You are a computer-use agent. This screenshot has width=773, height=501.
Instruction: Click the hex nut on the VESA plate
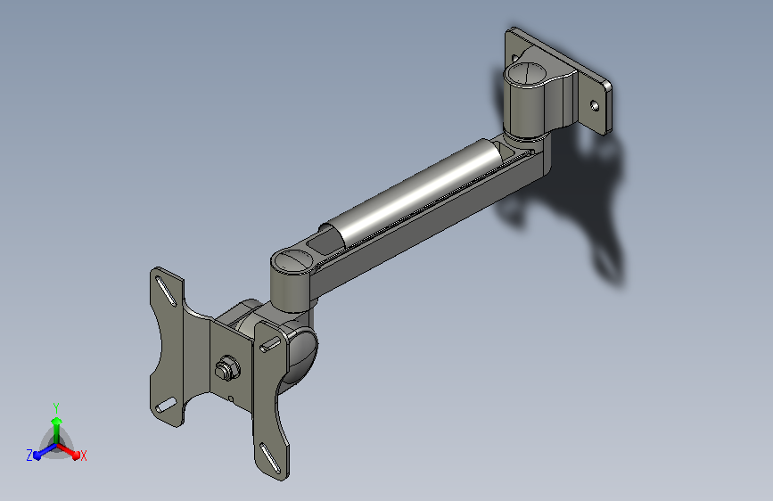[x=227, y=368]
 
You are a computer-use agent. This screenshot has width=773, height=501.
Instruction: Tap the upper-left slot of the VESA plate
[x=165, y=291]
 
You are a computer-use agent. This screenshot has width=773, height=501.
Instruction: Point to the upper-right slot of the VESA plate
[x=269, y=345]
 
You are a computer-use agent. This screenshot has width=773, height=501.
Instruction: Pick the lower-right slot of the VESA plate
[x=270, y=458]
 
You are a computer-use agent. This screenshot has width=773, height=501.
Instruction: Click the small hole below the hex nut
[x=231, y=398]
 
